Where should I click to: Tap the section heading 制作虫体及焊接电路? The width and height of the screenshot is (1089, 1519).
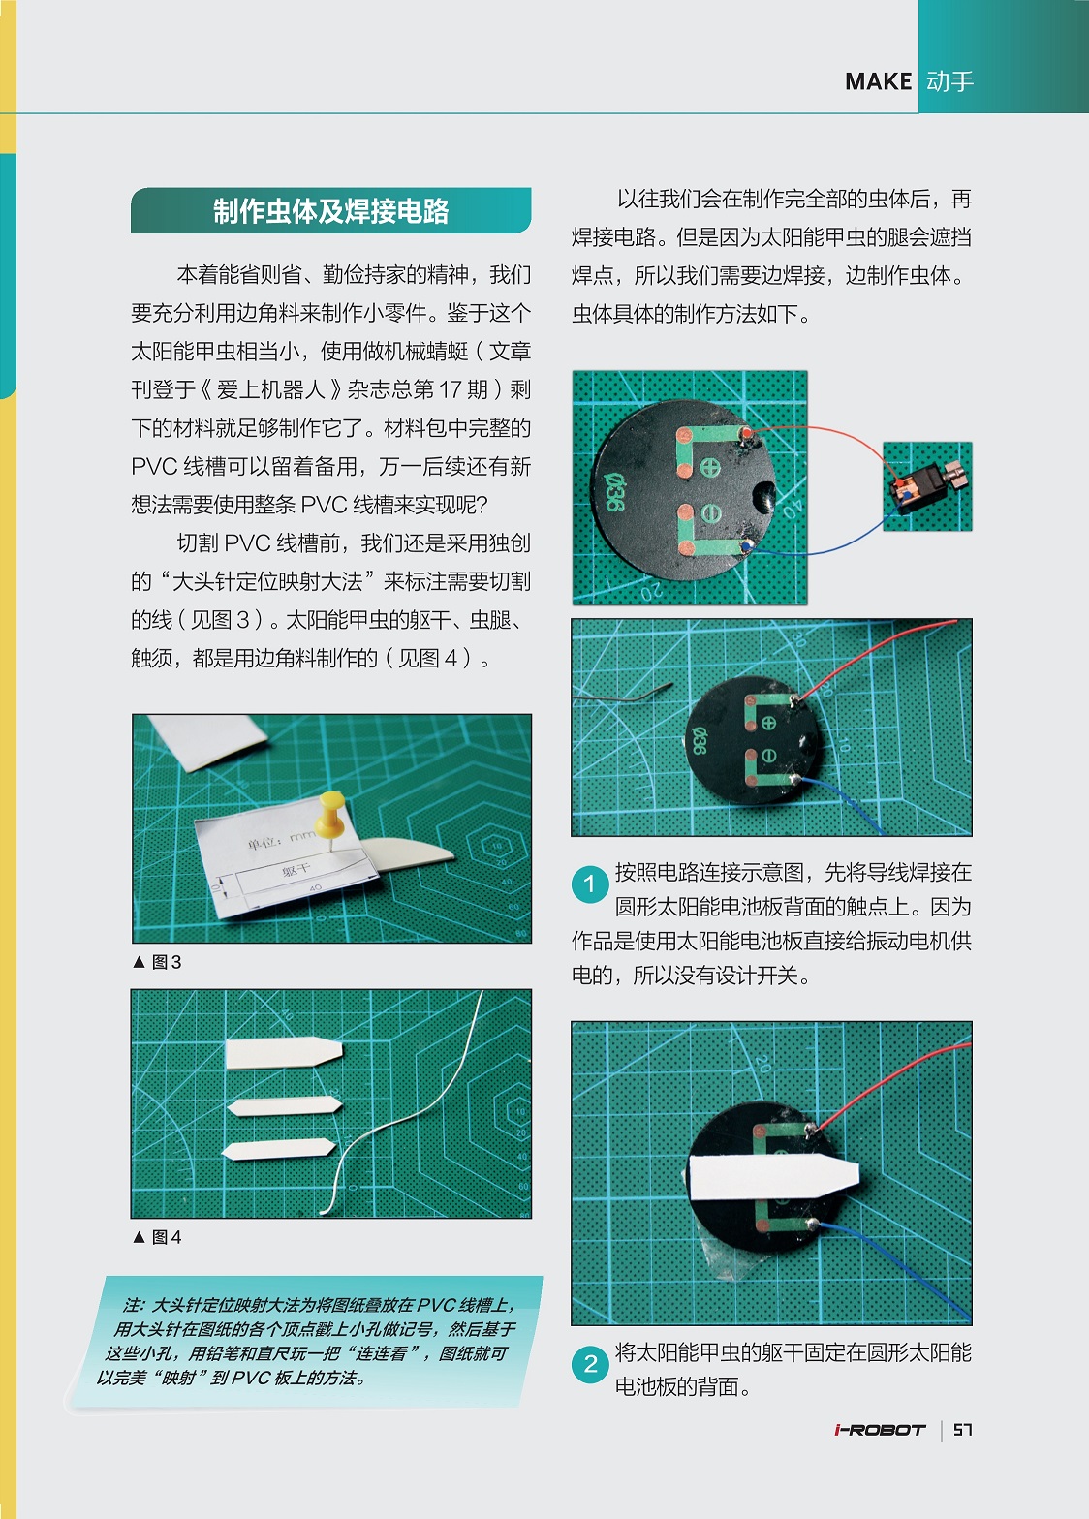pyautogui.click(x=330, y=211)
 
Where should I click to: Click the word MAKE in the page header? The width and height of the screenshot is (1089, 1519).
pyautogui.click(x=878, y=82)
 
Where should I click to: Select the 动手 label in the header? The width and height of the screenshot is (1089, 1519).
pyautogui.click(x=949, y=82)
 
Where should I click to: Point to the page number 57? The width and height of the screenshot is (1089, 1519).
pyautogui.click(x=962, y=1430)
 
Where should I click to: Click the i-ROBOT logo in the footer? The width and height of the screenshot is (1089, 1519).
pyautogui.click(x=880, y=1430)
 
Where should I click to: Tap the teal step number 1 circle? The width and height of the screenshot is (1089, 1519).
pyautogui.click(x=589, y=883)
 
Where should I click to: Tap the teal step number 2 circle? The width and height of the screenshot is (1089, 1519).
pyautogui.click(x=589, y=1364)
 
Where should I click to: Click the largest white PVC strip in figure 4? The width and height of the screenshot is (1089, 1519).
pyautogui.click(x=283, y=1053)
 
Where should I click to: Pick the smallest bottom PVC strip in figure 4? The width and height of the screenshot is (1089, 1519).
pyautogui.click(x=278, y=1150)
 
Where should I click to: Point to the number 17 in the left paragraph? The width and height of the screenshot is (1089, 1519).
pyautogui.click(x=451, y=389)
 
